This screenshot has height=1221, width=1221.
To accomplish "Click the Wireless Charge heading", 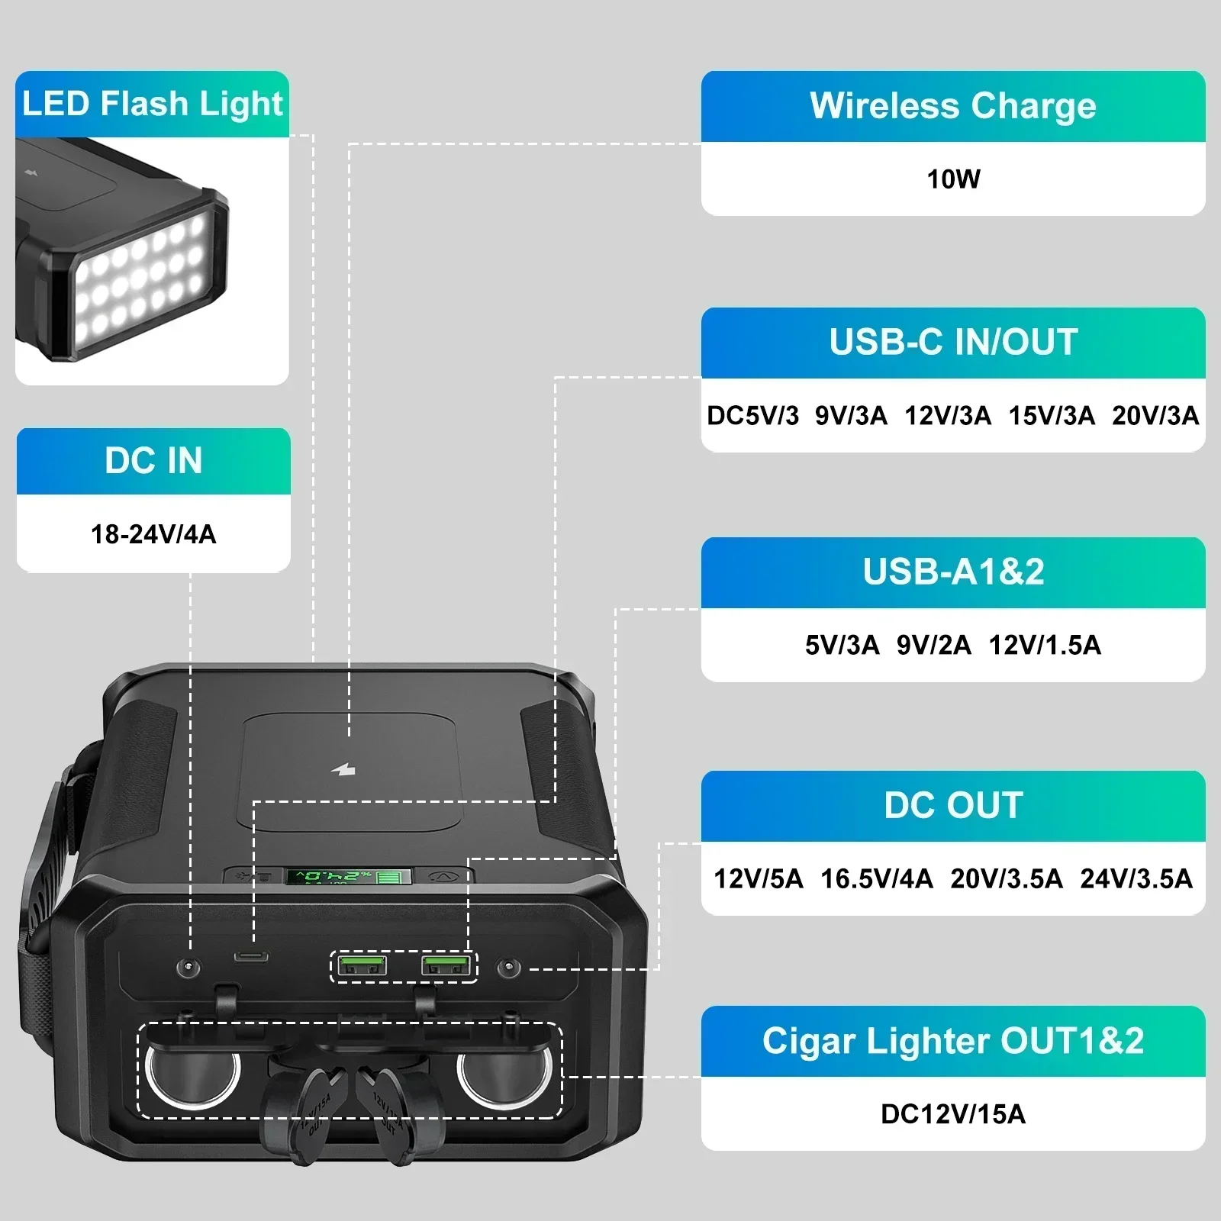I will [952, 106].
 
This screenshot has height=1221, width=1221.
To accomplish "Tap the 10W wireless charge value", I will [953, 179].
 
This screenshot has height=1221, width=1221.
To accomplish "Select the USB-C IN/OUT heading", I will [953, 342].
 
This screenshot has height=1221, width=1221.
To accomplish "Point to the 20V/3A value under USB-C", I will [1155, 416].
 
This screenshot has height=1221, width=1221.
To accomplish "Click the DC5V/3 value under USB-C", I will [752, 416].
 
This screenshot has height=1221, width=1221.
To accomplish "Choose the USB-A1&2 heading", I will [953, 572].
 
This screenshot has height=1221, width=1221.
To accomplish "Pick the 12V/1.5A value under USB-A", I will [1045, 646].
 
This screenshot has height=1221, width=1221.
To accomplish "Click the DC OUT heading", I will [953, 805].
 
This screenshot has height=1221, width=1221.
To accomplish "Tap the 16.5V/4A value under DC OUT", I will [876, 879].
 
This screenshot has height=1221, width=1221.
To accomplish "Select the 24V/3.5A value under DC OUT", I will [1136, 879].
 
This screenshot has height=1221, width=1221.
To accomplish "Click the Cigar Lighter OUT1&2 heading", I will [953, 1041].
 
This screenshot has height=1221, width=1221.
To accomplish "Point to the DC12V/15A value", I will [953, 1114].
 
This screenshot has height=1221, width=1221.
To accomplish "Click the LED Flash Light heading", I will [153, 104].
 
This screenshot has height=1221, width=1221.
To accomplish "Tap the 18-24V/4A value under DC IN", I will [153, 534].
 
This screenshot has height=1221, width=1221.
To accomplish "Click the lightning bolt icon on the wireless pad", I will [344, 769].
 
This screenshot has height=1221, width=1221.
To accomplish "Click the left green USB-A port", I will [362, 966].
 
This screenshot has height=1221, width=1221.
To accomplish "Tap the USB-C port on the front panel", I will [252, 957].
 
